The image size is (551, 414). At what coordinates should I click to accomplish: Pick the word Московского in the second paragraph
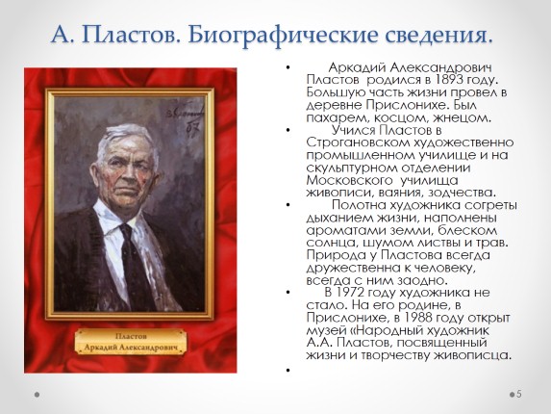coord(349,180)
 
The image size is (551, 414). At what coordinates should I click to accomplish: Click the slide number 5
coord(519,395)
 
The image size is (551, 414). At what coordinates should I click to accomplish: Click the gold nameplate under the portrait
coord(131,342)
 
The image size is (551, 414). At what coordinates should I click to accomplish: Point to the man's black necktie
coord(136,268)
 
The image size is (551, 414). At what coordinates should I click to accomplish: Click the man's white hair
coord(125,137)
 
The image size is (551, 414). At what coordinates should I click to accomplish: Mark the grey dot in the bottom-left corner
coord(37,395)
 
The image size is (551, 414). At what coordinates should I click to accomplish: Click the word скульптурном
coord(352,168)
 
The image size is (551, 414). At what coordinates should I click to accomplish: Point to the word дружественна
coord(353,268)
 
